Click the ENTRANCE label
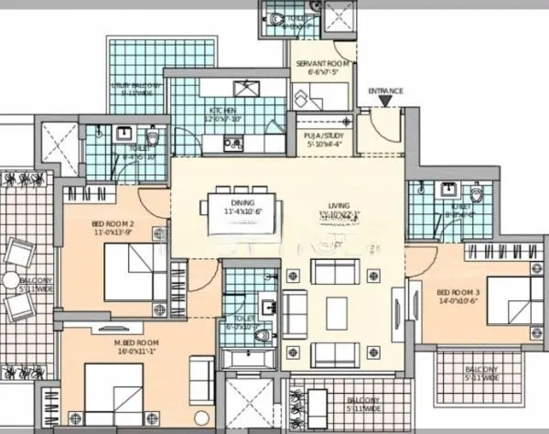pyautogui.click(x=385, y=92)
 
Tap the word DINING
pyautogui.click(x=242, y=203)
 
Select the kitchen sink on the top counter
pyautogui.click(x=245, y=89)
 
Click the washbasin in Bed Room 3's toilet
pyautogui.click(x=448, y=193)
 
